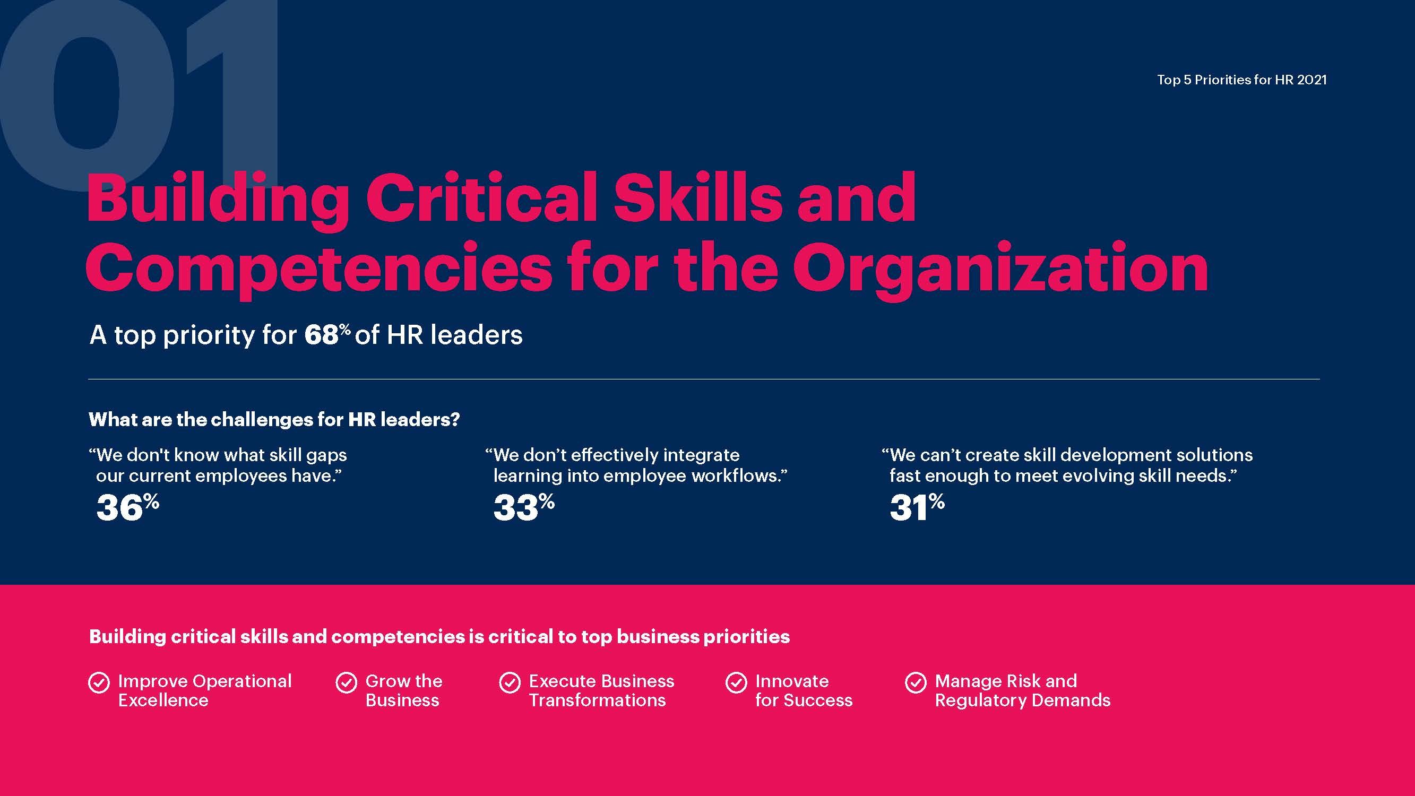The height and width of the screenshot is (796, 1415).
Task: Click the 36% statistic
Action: pyautogui.click(x=127, y=506)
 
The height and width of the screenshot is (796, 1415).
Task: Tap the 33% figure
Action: pyautogui.click(x=524, y=506)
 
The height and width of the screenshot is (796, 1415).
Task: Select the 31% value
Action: pyautogui.click(x=917, y=506)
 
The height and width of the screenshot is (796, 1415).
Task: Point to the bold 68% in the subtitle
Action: pyautogui.click(x=327, y=334)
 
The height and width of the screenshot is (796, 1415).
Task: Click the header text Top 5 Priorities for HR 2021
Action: pyautogui.click(x=1241, y=80)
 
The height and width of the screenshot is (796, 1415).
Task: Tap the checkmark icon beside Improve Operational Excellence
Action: pyautogui.click(x=99, y=683)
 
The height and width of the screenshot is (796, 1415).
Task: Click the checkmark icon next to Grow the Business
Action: pyautogui.click(x=346, y=683)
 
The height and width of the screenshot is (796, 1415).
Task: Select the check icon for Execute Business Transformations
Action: pyautogui.click(x=510, y=683)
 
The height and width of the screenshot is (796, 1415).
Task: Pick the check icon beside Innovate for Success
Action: pyautogui.click(x=736, y=683)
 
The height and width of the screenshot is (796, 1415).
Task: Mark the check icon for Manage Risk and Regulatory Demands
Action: pyautogui.click(x=916, y=683)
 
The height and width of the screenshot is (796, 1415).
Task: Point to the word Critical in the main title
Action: pyautogui.click(x=481, y=197)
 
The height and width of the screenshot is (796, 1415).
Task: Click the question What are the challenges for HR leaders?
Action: pyautogui.click(x=274, y=420)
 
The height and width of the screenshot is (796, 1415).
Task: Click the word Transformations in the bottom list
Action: pyautogui.click(x=597, y=700)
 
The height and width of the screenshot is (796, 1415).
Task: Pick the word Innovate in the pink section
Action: pyautogui.click(x=792, y=681)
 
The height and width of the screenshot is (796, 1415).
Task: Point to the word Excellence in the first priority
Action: pyautogui.click(x=163, y=700)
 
